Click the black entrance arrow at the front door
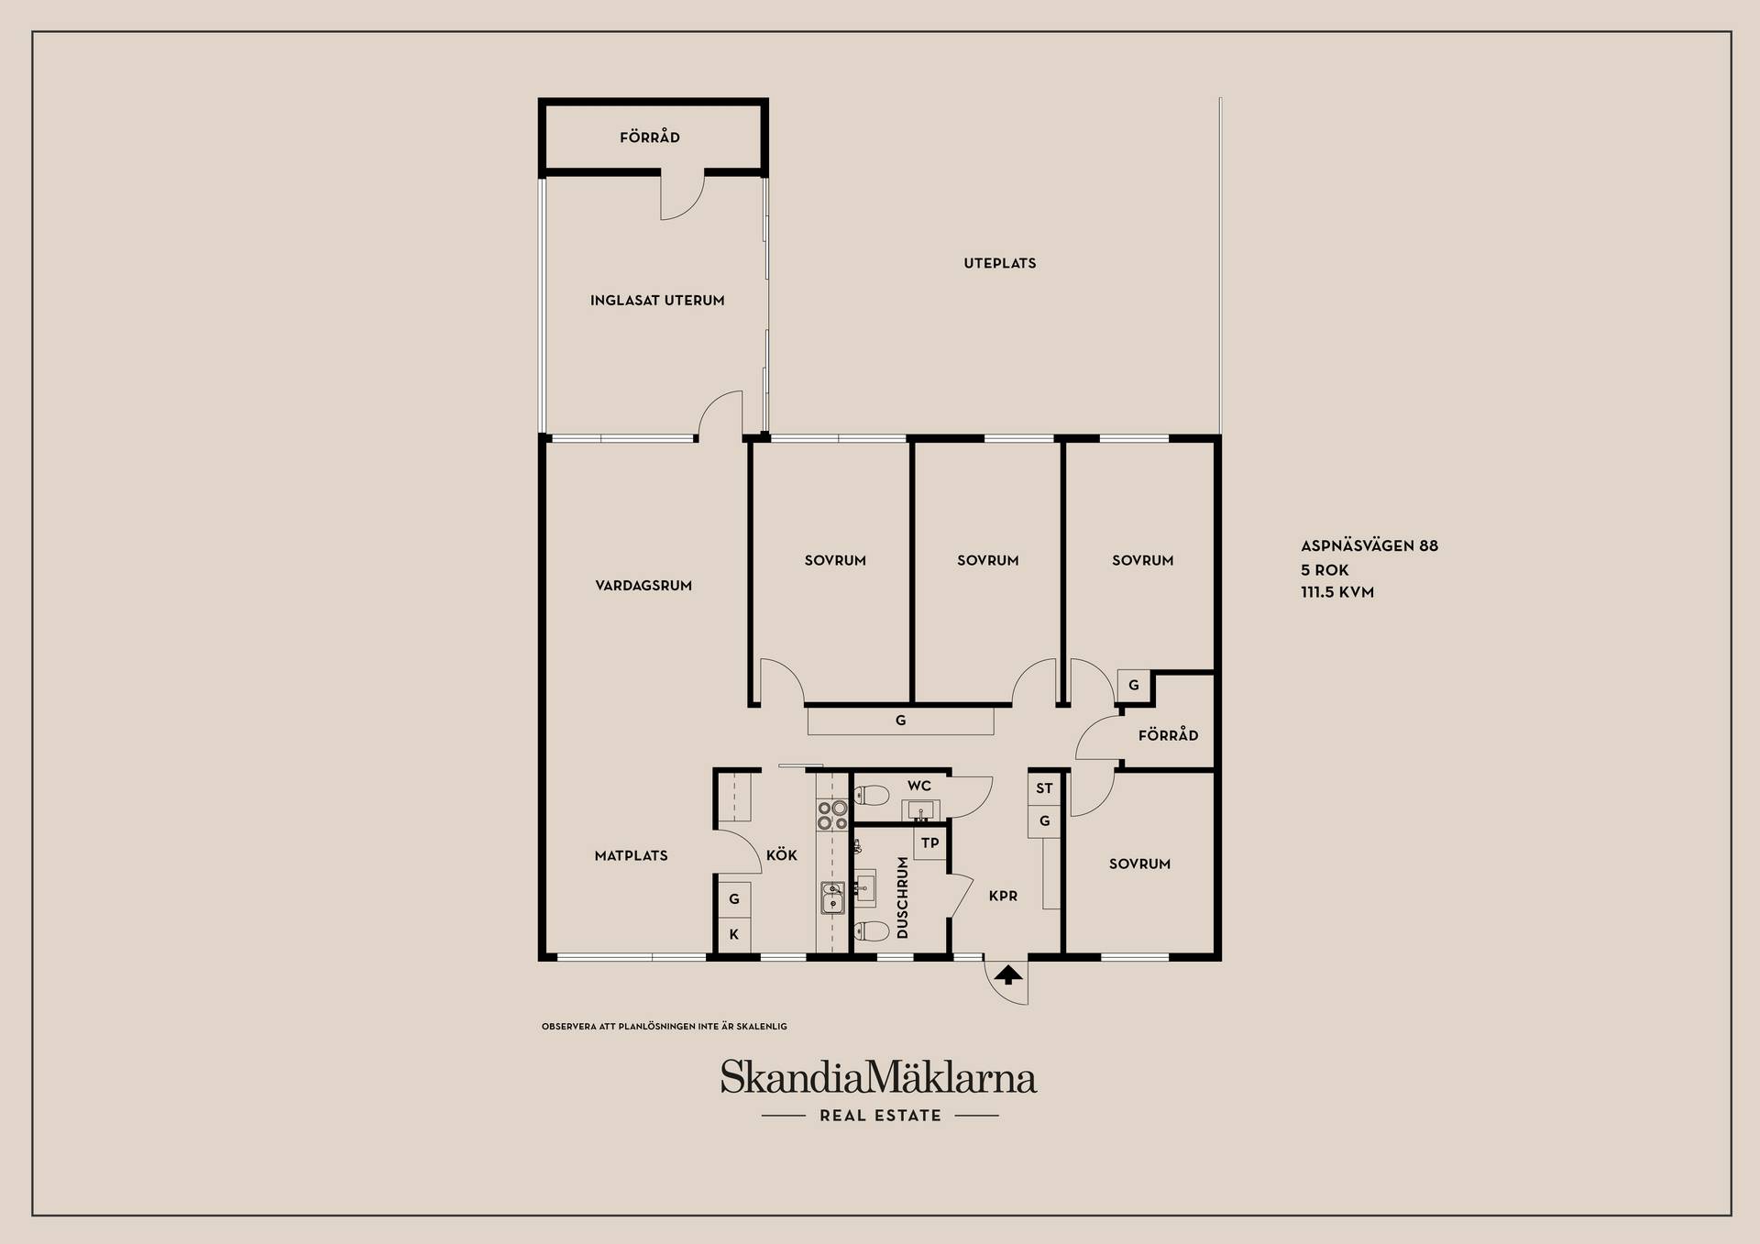tap(1008, 974)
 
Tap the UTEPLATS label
tap(1000, 263)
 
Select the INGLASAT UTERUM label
tap(657, 301)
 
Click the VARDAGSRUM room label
tap(643, 586)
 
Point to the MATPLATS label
tap(632, 856)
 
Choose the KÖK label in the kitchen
tap(782, 854)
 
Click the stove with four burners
tap(832, 815)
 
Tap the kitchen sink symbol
tap(832, 898)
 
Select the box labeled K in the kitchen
tap(734, 935)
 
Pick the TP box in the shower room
tap(930, 843)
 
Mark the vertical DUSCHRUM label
tap(903, 897)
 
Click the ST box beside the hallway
tap(1045, 788)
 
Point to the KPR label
tap(1004, 897)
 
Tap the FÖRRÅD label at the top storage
tap(650, 138)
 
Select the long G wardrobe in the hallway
tap(900, 721)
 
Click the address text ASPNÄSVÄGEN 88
tap(1369, 546)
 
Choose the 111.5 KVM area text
tap(1337, 592)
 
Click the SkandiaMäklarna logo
tap(878, 1077)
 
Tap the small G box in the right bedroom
tap(1134, 686)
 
